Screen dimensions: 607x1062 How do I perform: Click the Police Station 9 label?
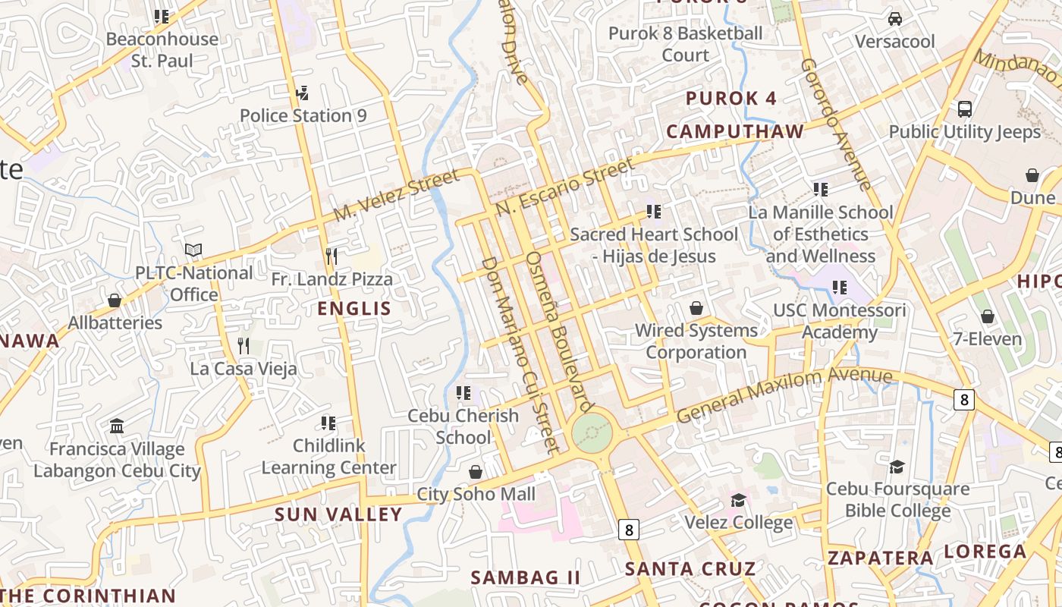click(303, 116)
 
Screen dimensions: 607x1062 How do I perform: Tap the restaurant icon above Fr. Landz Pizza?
click(331, 256)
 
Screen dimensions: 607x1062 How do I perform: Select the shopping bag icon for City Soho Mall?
click(476, 472)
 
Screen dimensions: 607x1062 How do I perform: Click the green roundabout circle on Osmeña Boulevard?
click(592, 432)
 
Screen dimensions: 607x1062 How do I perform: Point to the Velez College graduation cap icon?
click(738, 500)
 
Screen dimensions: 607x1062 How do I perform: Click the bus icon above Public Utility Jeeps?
click(964, 109)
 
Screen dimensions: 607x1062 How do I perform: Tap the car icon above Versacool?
click(895, 19)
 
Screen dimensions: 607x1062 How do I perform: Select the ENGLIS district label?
click(354, 309)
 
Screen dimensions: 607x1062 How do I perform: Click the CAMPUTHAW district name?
click(734, 131)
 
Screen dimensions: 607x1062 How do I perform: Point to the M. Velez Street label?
click(397, 197)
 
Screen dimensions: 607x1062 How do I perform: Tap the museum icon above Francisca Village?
click(117, 426)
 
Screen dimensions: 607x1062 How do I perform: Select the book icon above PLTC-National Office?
click(193, 250)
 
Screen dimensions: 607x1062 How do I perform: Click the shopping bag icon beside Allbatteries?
click(115, 300)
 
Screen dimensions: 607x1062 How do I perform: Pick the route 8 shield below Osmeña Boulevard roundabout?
click(628, 529)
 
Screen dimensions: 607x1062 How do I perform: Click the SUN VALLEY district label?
click(338, 514)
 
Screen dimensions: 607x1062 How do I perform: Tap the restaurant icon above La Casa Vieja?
click(243, 346)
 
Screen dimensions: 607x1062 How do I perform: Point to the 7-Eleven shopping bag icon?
click(987, 316)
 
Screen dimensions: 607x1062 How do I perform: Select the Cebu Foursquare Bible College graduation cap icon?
click(897, 467)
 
